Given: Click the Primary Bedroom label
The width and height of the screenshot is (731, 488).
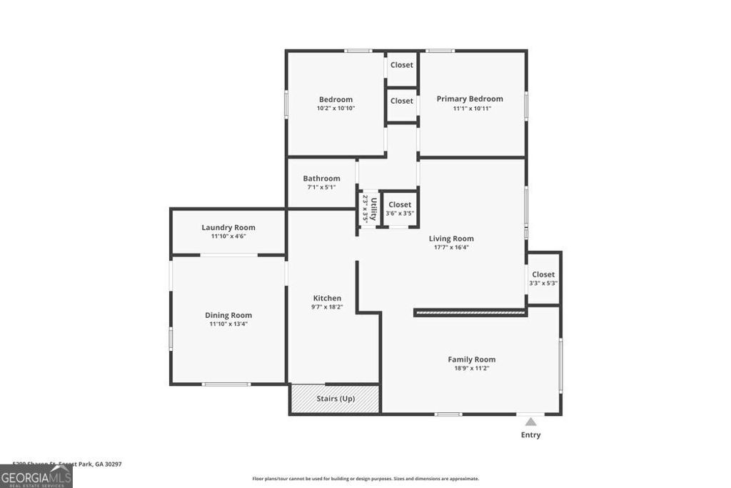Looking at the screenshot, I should (470, 99).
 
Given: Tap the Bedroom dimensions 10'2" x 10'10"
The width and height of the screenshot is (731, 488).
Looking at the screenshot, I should (336, 109).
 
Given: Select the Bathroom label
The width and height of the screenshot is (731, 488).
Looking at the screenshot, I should (321, 179).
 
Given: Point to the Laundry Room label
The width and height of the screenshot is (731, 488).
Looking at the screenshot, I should (228, 227).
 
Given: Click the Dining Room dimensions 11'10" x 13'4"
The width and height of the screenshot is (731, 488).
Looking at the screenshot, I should (228, 324).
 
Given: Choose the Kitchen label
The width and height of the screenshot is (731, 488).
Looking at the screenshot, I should (327, 298).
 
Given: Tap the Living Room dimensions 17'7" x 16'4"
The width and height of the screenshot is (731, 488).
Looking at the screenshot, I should (451, 248).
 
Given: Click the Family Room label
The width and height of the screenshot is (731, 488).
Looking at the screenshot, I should (471, 359).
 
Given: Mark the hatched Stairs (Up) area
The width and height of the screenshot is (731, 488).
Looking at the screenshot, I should (335, 399).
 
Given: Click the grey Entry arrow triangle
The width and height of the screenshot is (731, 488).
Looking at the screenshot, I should (530, 422).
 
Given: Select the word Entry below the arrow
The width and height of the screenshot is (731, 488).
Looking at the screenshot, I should (530, 435).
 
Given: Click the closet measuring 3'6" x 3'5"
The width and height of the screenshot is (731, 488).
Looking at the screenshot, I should (400, 209).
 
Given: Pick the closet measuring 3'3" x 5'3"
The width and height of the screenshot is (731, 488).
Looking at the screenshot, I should (543, 279).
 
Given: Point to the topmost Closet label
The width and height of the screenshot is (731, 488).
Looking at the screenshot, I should (401, 65).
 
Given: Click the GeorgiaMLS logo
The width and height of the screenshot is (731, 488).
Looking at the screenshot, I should (36, 477).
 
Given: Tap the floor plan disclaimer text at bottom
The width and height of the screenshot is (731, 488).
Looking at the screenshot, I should (365, 479).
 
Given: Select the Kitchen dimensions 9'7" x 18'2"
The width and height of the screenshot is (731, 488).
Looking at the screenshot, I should (327, 307).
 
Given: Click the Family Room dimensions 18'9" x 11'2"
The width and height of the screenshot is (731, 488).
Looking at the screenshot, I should (471, 369).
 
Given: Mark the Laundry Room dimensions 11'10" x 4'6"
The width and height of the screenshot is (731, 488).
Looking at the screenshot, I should (228, 236).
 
